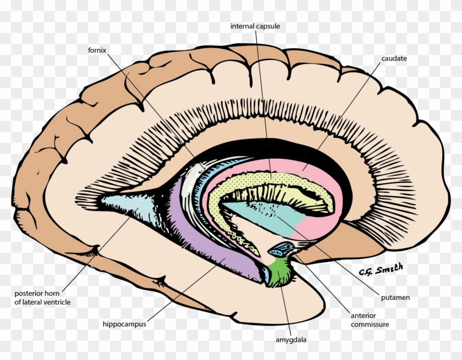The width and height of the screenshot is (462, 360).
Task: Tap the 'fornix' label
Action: (96, 50)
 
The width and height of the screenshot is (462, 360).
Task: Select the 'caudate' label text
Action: (393, 58)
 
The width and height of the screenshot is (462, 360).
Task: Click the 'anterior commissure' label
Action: (370, 320)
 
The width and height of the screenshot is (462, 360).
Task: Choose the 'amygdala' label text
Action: (290, 340)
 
